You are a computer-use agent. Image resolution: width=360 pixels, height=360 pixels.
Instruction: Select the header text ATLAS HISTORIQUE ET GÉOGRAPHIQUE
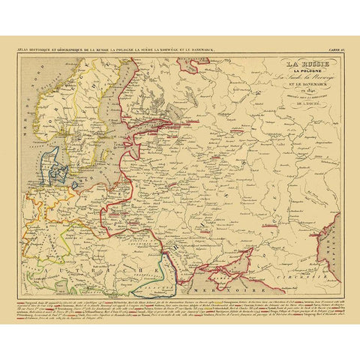click(x=60, y=49)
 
